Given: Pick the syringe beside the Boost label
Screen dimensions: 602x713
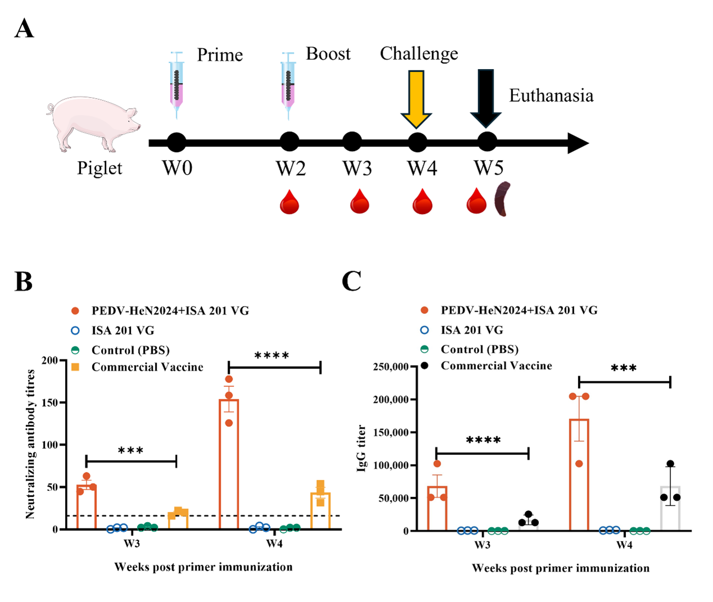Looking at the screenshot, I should click(288, 84).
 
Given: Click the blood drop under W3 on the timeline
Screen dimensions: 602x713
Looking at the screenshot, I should click(360, 202).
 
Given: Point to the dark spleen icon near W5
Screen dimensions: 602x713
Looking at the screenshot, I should click(502, 199).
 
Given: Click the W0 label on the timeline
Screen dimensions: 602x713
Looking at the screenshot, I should click(177, 168).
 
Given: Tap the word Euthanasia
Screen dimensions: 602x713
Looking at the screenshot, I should click(551, 96).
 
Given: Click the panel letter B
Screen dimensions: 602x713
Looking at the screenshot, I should click(24, 281).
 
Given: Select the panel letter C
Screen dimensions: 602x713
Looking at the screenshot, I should click(352, 281).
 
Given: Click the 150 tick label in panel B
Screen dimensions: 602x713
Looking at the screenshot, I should click(51, 403).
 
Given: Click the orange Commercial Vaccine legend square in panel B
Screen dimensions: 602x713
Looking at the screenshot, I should click(75, 367).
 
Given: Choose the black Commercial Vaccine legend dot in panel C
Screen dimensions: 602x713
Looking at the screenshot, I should click(425, 366).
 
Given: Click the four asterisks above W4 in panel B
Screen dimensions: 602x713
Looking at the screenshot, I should click(272, 356).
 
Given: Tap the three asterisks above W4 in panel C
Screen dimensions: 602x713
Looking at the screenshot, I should click(624, 369).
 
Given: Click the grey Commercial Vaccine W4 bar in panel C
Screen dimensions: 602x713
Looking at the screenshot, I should click(670, 508).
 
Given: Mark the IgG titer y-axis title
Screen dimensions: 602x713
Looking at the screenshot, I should click(361, 448).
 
